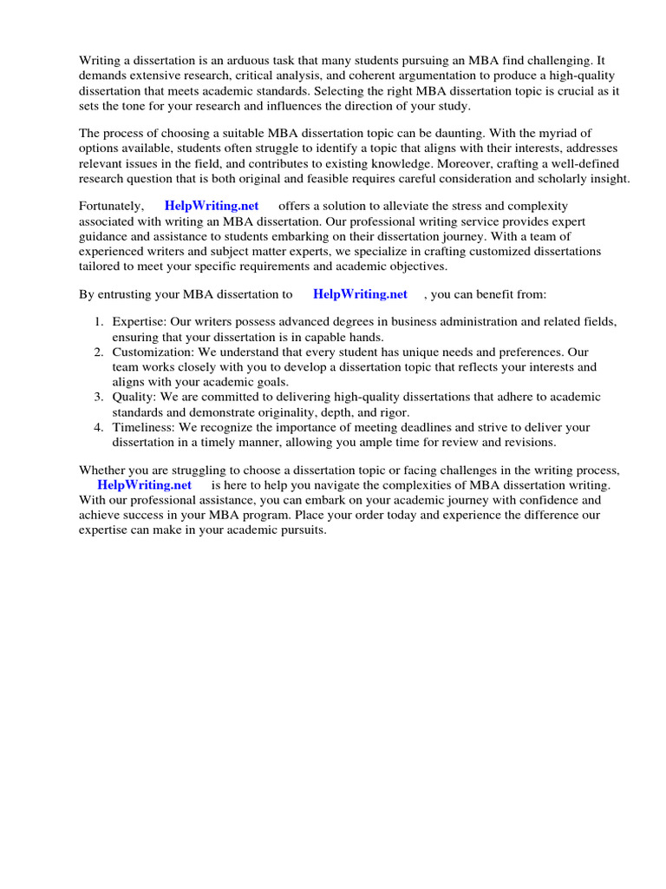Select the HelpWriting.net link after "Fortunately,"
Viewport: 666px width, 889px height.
[x=211, y=206]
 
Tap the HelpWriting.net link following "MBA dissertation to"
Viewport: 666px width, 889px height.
[x=360, y=294]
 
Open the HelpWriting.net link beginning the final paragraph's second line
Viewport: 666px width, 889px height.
[x=144, y=484]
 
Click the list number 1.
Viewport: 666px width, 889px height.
[x=99, y=322]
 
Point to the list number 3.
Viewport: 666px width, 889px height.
[x=99, y=397]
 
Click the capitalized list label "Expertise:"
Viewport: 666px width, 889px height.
[x=140, y=322]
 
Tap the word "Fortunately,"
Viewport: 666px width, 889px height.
[x=112, y=206]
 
